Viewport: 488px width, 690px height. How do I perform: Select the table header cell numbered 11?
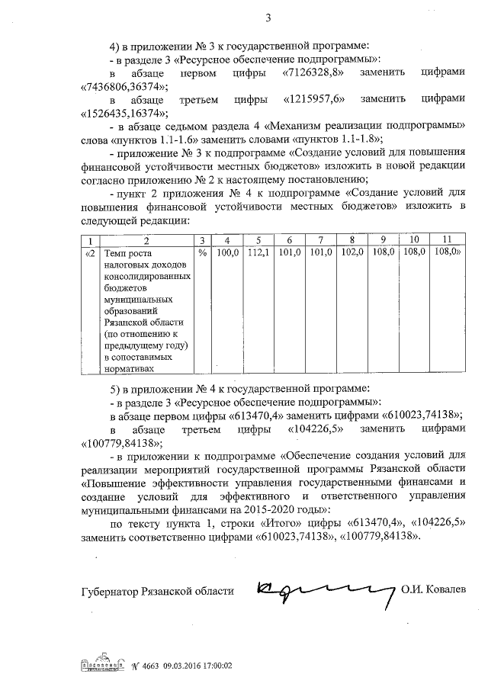pyautogui.click(x=447, y=240)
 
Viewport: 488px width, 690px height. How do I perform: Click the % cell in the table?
pyautogui.click(x=202, y=252)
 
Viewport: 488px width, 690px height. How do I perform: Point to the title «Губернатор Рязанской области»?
pyautogui.click(x=156, y=591)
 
